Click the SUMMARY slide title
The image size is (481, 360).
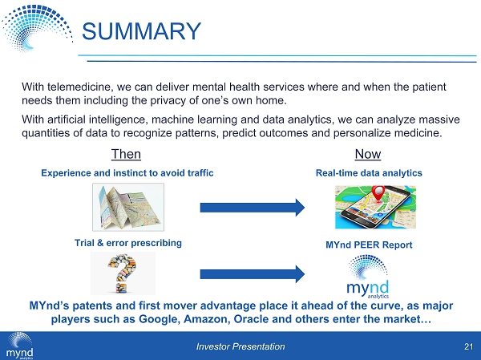click(142, 31)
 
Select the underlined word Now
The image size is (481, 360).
click(366, 154)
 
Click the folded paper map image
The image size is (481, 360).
click(127, 206)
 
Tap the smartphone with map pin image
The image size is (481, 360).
click(369, 206)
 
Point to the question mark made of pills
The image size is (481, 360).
click(123, 273)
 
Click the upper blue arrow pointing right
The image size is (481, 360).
click(252, 208)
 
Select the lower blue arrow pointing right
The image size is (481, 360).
click(252, 273)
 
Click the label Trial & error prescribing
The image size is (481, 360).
click(128, 242)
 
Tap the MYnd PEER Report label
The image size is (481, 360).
click(369, 245)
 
